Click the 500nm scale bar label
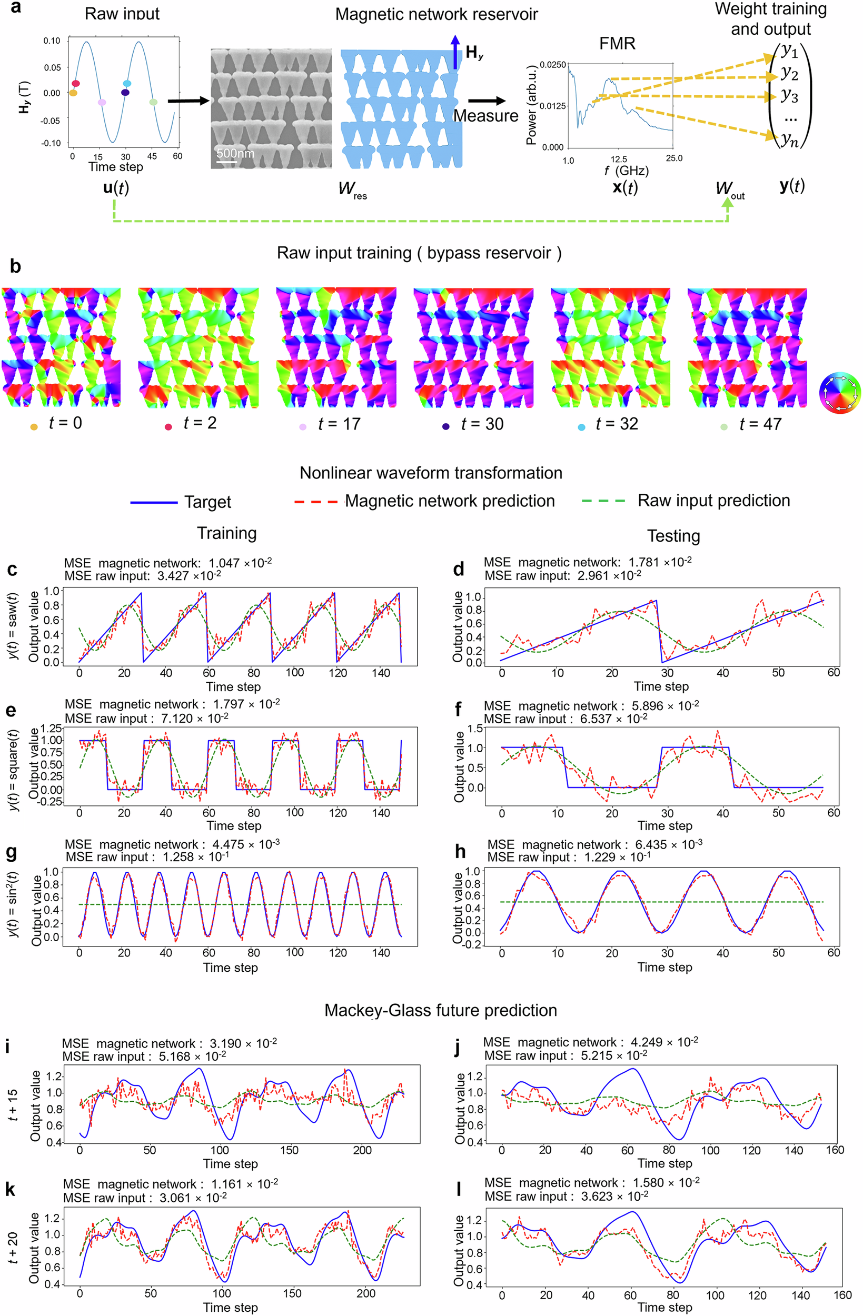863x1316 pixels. pyautogui.click(x=235, y=153)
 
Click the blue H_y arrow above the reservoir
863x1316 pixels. pyautogui.click(x=455, y=53)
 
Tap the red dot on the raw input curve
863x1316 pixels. pyautogui.click(x=76, y=84)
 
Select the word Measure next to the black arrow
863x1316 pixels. pyautogui.click(x=485, y=116)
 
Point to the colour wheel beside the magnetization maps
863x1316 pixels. pyautogui.click(x=840, y=393)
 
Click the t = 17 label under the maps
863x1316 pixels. pyautogui.click(x=339, y=424)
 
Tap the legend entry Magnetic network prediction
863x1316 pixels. pyautogui.click(x=449, y=501)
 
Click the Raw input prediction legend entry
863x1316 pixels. pyautogui.click(x=713, y=501)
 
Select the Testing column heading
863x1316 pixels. pyautogui.click(x=673, y=536)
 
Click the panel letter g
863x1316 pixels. pyautogui.click(x=11, y=852)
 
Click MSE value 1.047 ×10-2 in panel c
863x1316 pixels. pyautogui.click(x=240, y=563)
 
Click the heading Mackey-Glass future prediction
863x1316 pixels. pyautogui.click(x=440, y=1010)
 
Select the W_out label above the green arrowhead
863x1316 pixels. pyautogui.click(x=729, y=190)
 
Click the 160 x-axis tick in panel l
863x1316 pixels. pyautogui.click(x=842, y=1295)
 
